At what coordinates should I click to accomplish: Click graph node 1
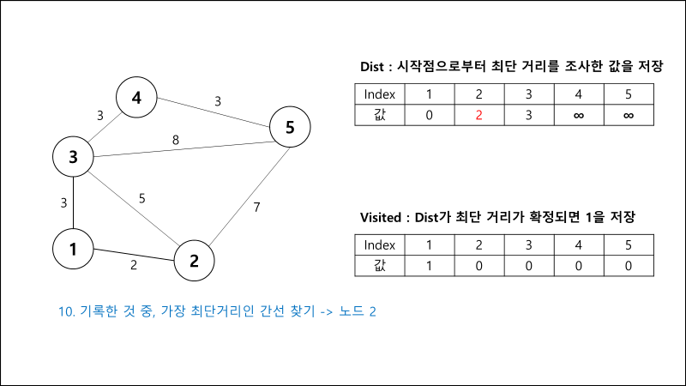point(74,250)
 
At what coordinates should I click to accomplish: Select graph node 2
point(195,261)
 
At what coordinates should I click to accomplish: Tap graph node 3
point(74,157)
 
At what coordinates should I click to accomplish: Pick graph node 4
point(136,98)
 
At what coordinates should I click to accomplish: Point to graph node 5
point(290,129)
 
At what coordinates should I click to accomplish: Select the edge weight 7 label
point(256,207)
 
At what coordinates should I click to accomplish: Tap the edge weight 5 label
point(142,198)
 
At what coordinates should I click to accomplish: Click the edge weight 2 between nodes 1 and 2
point(133,265)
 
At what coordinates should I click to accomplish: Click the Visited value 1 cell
point(429,265)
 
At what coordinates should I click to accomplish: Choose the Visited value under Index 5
point(629,265)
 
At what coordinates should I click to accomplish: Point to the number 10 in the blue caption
point(65,311)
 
